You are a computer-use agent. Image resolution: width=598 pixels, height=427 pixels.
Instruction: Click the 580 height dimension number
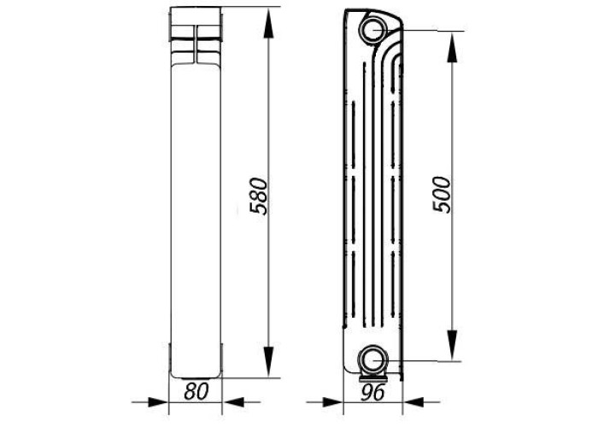(258, 196)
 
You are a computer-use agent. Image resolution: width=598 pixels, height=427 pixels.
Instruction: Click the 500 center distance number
(442, 195)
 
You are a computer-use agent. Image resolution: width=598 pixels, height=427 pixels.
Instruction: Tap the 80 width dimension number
(196, 391)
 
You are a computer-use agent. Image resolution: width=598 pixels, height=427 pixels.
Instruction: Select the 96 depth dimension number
(372, 393)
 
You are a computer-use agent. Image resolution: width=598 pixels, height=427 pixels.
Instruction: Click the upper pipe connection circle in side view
(373, 30)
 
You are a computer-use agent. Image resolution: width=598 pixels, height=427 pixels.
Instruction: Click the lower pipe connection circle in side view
(372, 360)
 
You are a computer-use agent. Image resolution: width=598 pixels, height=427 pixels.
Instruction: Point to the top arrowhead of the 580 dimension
(268, 23)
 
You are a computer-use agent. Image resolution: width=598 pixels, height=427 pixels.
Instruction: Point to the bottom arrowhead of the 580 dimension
(268, 361)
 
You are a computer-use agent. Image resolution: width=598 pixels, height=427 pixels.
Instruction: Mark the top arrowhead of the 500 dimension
(452, 47)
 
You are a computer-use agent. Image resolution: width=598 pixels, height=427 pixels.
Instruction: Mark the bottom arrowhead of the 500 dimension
(452, 345)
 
